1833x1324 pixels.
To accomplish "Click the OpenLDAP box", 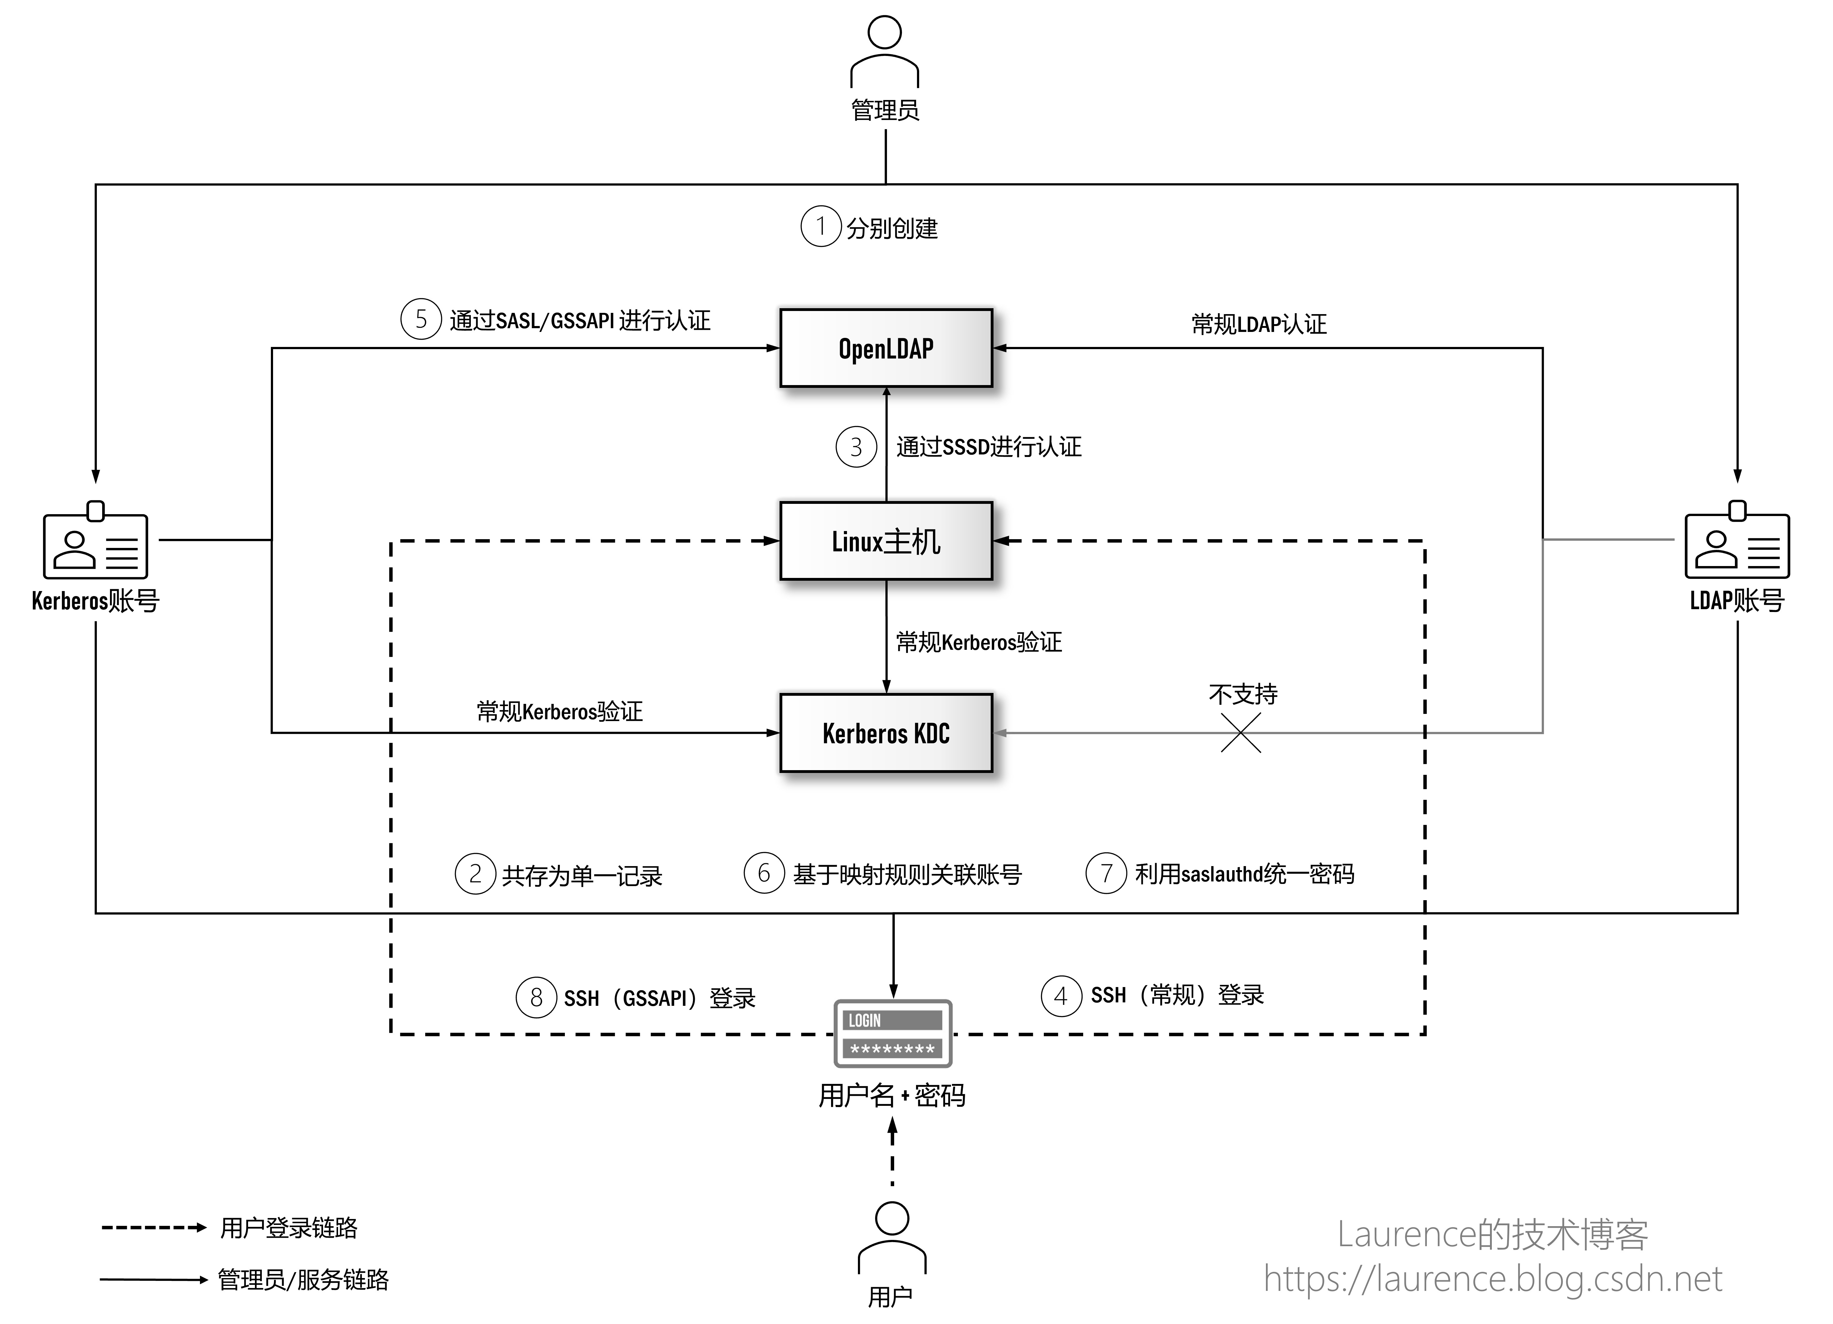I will click(x=886, y=349).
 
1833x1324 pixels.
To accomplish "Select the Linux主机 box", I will click(x=886, y=541).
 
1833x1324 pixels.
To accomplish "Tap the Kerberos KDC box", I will click(x=886, y=733).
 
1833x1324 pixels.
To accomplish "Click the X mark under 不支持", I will click(x=1241, y=733).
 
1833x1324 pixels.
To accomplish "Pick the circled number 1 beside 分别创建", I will click(x=820, y=226).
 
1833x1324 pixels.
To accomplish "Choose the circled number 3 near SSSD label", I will click(x=856, y=447).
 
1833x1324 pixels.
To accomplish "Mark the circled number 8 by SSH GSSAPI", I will click(x=536, y=997).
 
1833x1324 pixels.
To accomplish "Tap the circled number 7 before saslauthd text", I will click(x=1106, y=874).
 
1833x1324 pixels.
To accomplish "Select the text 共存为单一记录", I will click(x=582, y=875).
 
